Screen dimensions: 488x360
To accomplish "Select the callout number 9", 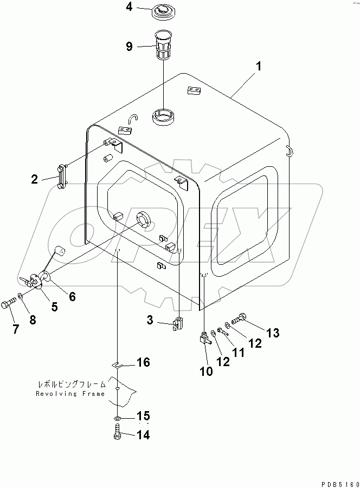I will pyautogui.click(x=129, y=47).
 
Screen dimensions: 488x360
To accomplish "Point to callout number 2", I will pyautogui.click(x=35, y=179).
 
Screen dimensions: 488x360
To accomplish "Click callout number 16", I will pyautogui.click(x=143, y=362).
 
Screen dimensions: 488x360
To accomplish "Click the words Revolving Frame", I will pyautogui.click(x=70, y=394).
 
